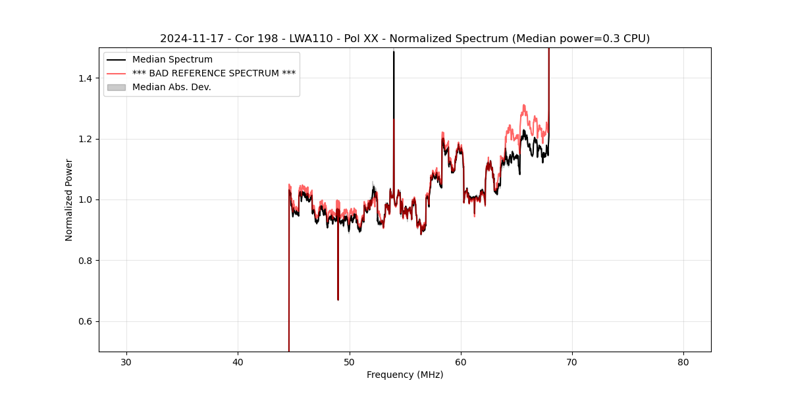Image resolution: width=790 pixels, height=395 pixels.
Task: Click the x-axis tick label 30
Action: click(x=126, y=362)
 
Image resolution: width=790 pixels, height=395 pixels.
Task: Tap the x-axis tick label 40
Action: click(x=238, y=362)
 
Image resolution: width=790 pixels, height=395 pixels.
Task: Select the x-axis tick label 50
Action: click(x=350, y=362)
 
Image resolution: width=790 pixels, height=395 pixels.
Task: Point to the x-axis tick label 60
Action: click(x=461, y=362)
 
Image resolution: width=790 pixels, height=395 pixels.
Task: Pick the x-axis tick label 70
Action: click(x=572, y=362)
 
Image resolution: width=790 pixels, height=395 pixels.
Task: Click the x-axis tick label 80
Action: click(x=683, y=362)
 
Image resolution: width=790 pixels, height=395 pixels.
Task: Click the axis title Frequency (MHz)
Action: click(x=405, y=375)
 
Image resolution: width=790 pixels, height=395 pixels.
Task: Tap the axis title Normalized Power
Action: click(x=69, y=199)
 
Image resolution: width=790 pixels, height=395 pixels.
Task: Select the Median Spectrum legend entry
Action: click(x=172, y=60)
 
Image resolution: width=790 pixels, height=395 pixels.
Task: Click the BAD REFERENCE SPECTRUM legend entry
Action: click(x=213, y=73)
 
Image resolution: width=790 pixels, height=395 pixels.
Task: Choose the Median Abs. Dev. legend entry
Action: click(x=171, y=87)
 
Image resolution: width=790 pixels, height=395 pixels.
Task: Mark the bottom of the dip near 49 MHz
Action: click(x=338, y=300)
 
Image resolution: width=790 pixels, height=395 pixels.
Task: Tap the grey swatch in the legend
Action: click(x=117, y=87)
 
